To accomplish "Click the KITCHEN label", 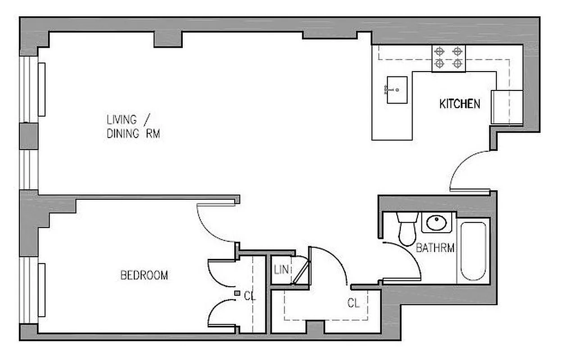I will pos(459,104).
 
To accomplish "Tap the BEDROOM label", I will pos(144,275).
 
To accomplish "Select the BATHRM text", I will pos(435,247).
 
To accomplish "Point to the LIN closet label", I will pos(281,270).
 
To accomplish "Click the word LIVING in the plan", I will pos(121,120).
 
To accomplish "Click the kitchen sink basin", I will pos(397,90).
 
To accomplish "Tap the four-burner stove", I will pos(449,58).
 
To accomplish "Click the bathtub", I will pos(473,250).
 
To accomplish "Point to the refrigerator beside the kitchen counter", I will pos(507,107).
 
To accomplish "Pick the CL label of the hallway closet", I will pos(354,303).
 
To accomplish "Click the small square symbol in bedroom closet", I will pos(237,293).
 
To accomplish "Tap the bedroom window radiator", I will pos(41,290).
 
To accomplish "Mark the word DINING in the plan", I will pos(122,134).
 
